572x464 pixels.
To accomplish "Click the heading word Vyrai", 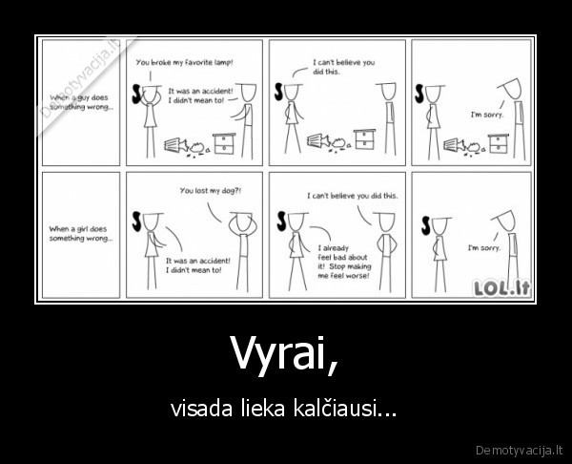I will [x=283, y=357].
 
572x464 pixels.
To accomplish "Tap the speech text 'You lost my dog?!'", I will [x=211, y=190].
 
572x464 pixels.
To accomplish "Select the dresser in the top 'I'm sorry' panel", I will [x=498, y=144].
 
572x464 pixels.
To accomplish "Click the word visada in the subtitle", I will [x=195, y=411].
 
